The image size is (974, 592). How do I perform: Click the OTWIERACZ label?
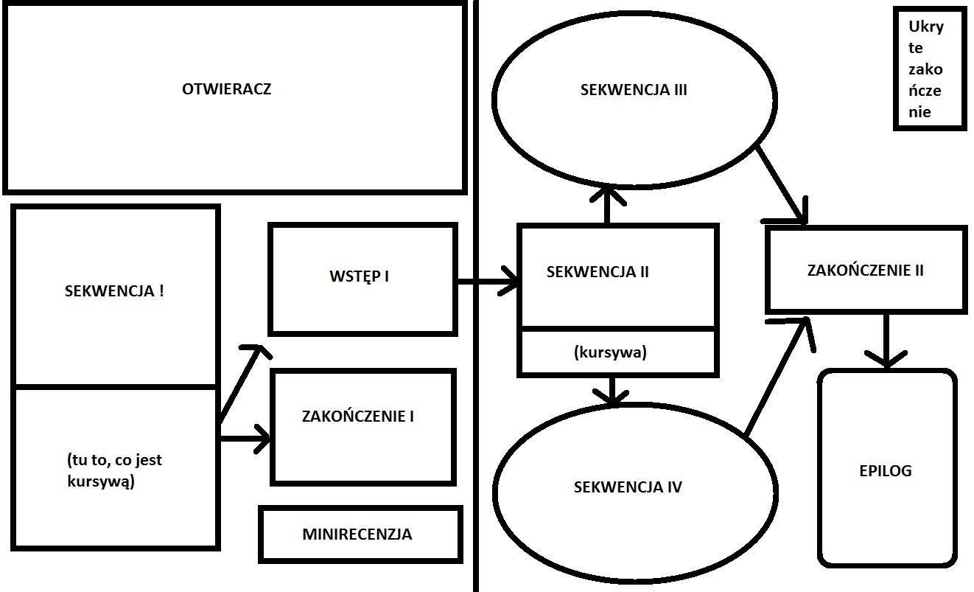click(x=226, y=89)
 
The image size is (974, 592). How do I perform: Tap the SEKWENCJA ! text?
click(x=114, y=290)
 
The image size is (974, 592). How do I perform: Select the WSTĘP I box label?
click(x=359, y=276)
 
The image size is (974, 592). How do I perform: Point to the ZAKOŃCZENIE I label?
click(x=358, y=416)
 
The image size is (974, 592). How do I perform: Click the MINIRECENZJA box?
click(x=357, y=534)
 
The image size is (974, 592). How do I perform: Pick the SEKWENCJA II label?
click(x=598, y=271)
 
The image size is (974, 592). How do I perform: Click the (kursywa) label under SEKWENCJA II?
click(x=609, y=352)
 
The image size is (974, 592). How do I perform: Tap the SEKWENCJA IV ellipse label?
click(x=628, y=487)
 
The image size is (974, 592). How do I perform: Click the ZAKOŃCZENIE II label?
click(x=865, y=270)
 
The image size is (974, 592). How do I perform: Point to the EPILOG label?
click(x=886, y=470)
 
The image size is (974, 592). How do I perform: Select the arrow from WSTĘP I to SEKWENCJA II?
click(x=487, y=282)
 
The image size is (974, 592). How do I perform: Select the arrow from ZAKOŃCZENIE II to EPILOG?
click(x=886, y=339)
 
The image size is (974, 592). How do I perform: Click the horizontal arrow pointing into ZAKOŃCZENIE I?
click(x=245, y=439)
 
